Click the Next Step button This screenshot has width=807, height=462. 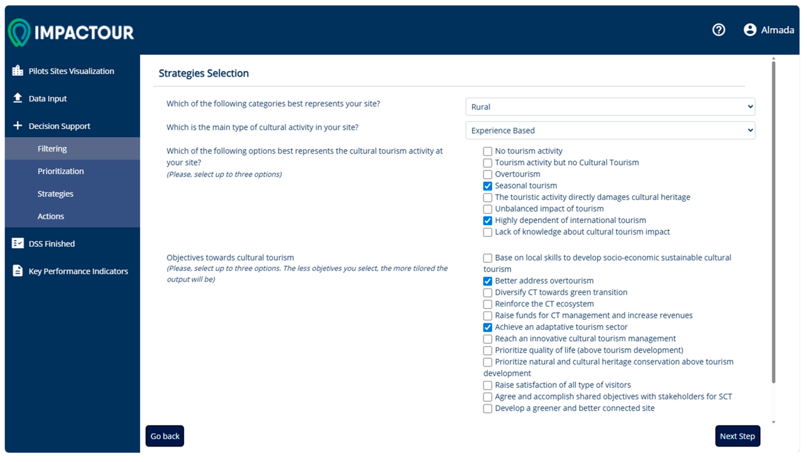coord(737,436)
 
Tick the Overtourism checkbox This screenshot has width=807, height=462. coord(487,174)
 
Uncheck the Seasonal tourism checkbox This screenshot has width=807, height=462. coord(487,186)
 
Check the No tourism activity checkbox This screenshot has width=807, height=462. coord(487,151)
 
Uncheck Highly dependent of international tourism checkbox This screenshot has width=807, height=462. coord(487,221)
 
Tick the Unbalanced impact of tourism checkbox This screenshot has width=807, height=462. coord(487,209)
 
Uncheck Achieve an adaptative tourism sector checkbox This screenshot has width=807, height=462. coord(487,327)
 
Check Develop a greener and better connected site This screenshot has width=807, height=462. coord(487,408)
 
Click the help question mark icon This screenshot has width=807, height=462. coord(718,30)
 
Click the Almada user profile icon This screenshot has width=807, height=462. coord(750,30)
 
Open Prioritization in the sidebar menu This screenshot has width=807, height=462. coord(61,171)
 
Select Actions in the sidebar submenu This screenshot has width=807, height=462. coord(51,216)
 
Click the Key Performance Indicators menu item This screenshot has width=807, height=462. coord(78,271)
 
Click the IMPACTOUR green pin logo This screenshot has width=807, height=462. coord(19,33)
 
